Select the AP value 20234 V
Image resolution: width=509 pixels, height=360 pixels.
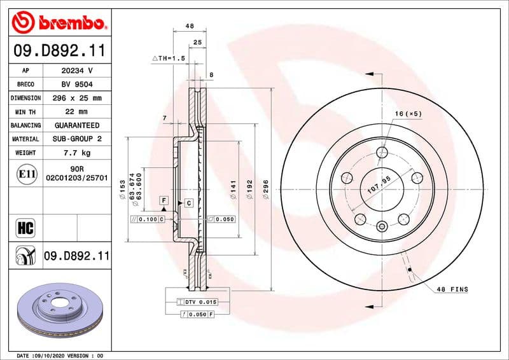(77, 71)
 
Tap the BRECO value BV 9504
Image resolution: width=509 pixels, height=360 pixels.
(77, 84)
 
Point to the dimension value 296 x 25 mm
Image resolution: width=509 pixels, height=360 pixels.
(77, 98)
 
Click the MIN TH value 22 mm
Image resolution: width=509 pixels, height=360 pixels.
(77, 112)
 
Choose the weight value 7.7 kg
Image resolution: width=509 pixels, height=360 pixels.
(77, 153)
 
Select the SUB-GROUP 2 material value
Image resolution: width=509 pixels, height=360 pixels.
(77, 139)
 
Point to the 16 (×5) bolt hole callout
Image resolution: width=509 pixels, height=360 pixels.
(408, 113)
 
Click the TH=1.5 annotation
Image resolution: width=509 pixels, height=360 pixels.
(168, 58)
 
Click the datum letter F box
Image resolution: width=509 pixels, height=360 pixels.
(164, 200)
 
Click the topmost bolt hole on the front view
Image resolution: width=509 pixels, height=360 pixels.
(382, 152)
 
